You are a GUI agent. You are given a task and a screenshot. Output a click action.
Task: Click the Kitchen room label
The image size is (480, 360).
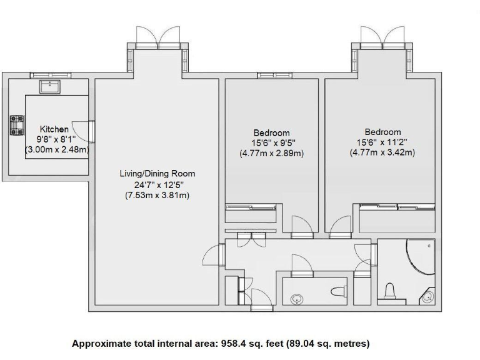[x=54, y=129]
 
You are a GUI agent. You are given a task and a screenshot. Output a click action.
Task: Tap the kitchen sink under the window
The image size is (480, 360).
[x=49, y=86]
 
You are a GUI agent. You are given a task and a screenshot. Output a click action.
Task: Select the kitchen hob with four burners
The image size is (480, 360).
[x=16, y=125]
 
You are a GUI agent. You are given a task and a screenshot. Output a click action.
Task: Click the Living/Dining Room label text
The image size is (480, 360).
[x=157, y=174]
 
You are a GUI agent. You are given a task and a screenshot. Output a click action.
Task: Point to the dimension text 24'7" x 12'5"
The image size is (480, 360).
[x=157, y=184]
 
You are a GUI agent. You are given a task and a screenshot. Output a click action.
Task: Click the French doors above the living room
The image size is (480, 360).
[x=158, y=38]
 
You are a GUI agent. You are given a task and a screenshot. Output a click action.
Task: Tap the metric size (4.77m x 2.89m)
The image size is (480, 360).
[x=271, y=153]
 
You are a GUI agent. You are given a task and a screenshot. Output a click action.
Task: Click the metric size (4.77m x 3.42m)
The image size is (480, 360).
[x=382, y=152]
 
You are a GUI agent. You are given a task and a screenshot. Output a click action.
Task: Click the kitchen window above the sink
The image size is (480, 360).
[x=50, y=75]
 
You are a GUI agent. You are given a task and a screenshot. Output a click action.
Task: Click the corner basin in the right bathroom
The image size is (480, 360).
[x=428, y=297]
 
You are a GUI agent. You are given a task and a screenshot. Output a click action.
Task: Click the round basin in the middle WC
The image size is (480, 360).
[x=298, y=298]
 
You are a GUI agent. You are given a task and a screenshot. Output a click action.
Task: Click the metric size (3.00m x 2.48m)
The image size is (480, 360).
[x=56, y=150]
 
